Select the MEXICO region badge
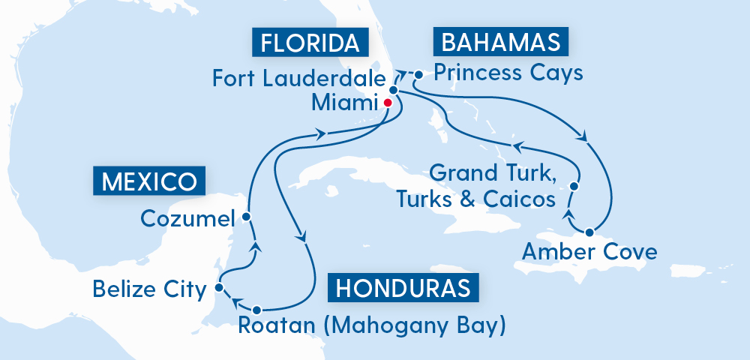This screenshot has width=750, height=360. pos(148,181)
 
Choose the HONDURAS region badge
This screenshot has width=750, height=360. pos(403,288)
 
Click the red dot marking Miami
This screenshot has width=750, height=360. pos(388,103)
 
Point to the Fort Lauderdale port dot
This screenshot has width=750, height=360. pos(392,89)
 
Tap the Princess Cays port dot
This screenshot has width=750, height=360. pos(418,74)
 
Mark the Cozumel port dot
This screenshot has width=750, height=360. pos(246,217)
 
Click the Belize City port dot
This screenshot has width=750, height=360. pos(218,286)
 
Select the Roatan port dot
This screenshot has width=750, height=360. pos(257,310)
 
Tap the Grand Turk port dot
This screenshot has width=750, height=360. pos(575,186)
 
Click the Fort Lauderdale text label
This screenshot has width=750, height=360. pos(298,78)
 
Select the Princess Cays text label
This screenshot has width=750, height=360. pos(508,73)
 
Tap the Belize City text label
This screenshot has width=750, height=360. pos(148,288)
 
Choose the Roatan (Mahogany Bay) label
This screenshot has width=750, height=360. pos(371,325)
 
